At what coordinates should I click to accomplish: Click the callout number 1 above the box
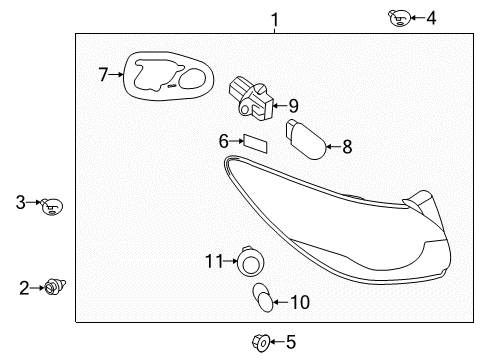click(x=274, y=20)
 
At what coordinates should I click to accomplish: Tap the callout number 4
click(x=431, y=18)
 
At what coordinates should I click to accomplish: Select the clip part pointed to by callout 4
click(x=399, y=18)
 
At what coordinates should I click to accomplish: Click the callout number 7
click(x=103, y=74)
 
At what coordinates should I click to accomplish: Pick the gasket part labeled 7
click(x=169, y=76)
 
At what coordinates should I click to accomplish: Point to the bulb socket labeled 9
click(x=251, y=98)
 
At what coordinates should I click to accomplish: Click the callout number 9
click(x=293, y=106)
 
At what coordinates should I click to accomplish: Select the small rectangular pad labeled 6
click(x=256, y=143)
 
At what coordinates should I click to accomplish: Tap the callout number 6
click(x=224, y=141)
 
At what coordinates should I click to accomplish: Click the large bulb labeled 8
click(x=305, y=139)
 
